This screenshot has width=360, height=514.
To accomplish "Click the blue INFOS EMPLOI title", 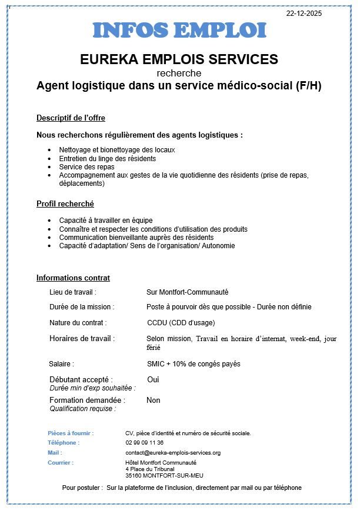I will [x=179, y=31].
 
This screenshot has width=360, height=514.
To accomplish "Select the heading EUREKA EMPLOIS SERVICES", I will [x=179, y=59].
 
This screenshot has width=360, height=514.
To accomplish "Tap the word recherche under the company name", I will [x=179, y=73].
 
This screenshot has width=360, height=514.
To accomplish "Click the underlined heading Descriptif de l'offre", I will [x=71, y=118].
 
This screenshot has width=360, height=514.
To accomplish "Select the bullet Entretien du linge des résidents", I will [x=108, y=158].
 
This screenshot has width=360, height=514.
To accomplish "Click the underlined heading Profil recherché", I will [x=65, y=204].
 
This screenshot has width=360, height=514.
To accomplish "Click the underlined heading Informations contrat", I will [x=73, y=278].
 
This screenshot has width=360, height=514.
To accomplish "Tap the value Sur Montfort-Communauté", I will [x=187, y=292].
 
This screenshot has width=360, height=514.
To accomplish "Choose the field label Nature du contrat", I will [x=78, y=322].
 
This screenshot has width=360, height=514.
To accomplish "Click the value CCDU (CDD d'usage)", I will [x=181, y=322].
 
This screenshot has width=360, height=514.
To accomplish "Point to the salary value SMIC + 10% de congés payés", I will [x=194, y=364].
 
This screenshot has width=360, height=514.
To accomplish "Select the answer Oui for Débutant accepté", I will [x=153, y=379].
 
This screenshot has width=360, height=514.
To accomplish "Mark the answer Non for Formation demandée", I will [x=154, y=400].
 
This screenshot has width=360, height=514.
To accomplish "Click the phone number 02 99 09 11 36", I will [x=145, y=442].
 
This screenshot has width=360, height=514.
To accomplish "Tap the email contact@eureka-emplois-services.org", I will [x=173, y=453].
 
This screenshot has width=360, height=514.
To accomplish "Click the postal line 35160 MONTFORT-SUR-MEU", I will [x=161, y=475].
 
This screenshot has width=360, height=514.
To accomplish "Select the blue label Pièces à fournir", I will [x=71, y=433].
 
